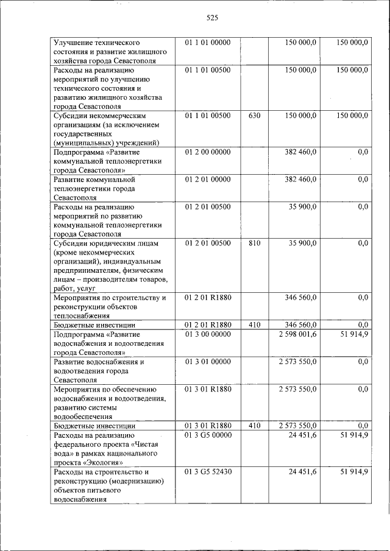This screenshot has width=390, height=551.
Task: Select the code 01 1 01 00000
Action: coord(208,43)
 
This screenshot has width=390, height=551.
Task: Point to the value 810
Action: coord(255,243)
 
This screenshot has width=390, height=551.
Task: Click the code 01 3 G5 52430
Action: coord(208,472)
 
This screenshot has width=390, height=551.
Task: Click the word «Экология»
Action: coord(97,462)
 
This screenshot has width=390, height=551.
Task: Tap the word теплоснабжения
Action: coord(82,316)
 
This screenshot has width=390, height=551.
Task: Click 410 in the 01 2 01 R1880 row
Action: coord(255,325)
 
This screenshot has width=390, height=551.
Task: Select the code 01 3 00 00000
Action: coord(208,334)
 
